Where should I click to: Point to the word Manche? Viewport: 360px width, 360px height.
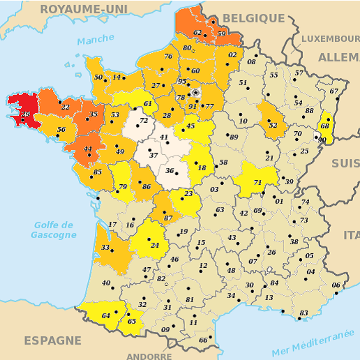point(96,40)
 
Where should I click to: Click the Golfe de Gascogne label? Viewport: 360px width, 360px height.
point(54,230)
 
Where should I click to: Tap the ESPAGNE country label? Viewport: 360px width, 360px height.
point(53,340)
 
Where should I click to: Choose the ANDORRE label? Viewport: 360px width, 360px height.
point(149,356)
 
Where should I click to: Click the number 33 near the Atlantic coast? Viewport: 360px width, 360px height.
point(105,248)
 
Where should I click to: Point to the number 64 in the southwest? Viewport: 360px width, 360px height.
point(106,316)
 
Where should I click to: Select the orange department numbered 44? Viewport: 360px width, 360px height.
point(87,150)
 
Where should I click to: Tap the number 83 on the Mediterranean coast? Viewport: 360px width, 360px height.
point(303,313)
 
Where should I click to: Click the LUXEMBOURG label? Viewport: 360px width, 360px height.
point(329,38)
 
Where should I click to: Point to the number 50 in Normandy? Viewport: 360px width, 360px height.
point(98,77)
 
